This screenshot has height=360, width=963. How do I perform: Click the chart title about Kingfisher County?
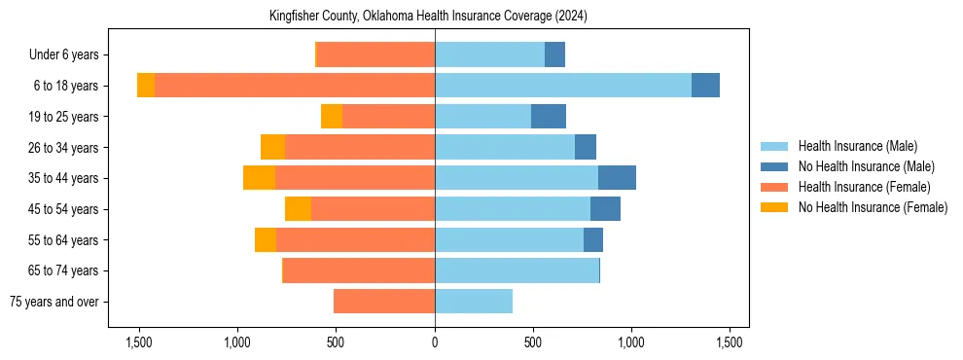click(x=428, y=17)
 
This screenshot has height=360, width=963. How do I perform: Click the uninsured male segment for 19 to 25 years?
click(x=549, y=117)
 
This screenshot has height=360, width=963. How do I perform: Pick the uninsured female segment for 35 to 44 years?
click(x=259, y=178)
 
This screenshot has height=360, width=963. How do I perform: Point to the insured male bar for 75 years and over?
click(x=474, y=302)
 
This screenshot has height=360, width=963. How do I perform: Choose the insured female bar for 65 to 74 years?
click(x=358, y=270)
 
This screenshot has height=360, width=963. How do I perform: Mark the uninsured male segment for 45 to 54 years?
click(x=605, y=209)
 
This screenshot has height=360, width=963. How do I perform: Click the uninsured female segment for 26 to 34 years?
click(x=272, y=147)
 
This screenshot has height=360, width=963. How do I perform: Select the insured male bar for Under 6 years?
click(x=489, y=55)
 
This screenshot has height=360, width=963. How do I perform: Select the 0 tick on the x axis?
click(x=435, y=342)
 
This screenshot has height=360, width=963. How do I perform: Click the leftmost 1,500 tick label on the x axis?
click(x=139, y=342)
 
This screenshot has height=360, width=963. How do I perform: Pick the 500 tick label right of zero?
click(x=533, y=342)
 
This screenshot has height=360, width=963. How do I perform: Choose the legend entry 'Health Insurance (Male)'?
click(x=857, y=147)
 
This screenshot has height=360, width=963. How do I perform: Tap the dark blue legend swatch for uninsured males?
click(x=774, y=167)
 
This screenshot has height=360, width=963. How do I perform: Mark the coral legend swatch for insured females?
click(x=774, y=187)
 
